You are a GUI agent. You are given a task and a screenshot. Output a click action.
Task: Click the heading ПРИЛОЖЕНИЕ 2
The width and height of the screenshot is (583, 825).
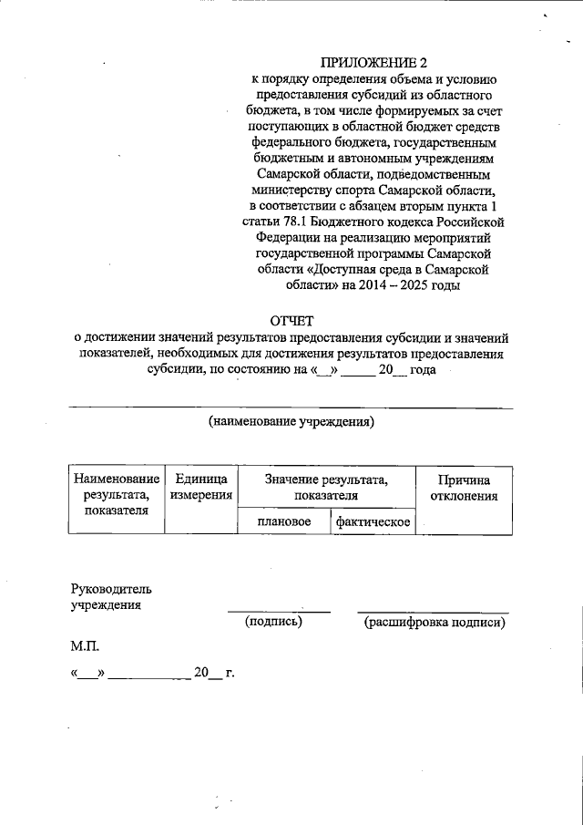(x=373, y=63)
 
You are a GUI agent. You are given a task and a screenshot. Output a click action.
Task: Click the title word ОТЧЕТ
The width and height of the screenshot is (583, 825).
(x=291, y=320)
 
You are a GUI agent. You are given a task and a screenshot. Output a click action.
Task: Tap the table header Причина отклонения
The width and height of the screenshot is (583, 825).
(x=464, y=488)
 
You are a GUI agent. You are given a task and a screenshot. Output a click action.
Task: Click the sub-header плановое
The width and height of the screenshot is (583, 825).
(x=281, y=521)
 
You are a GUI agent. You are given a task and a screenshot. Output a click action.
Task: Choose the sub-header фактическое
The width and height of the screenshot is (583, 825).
(x=372, y=521)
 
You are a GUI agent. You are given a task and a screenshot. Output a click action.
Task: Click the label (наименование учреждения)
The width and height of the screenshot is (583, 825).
(x=291, y=421)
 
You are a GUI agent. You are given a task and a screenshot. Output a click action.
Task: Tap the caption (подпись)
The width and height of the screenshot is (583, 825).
(x=273, y=622)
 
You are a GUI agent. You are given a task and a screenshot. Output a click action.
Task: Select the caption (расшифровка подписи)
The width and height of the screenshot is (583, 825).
(x=434, y=622)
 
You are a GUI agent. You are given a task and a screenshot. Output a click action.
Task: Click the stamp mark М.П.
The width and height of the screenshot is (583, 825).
(x=85, y=647)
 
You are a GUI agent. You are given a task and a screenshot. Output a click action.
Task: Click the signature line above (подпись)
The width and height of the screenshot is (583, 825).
(x=279, y=612)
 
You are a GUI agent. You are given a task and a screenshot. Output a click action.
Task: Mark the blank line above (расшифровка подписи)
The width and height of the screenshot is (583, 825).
(x=433, y=612)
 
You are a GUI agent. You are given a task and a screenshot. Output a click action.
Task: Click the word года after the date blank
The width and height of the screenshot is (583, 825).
(x=424, y=370)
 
